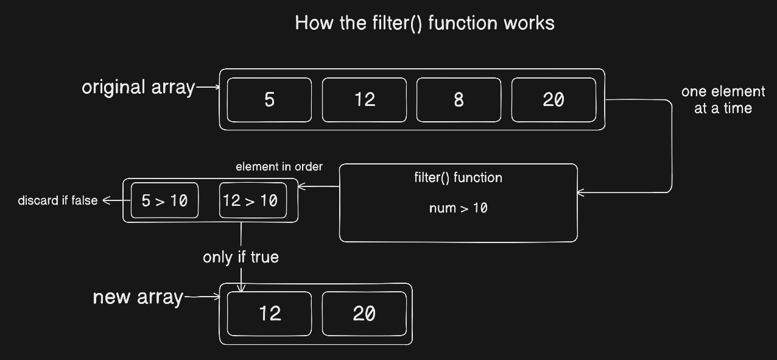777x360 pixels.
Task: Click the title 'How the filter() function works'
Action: [x=424, y=23]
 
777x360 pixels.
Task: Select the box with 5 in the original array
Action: [x=270, y=100]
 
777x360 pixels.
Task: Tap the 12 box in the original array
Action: [x=364, y=100]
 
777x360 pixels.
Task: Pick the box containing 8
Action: [x=459, y=100]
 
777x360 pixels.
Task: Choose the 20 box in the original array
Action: [x=554, y=100]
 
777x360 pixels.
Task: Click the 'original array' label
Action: [x=138, y=87]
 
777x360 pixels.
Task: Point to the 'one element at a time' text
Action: [x=723, y=100]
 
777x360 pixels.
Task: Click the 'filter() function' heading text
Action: [x=458, y=178]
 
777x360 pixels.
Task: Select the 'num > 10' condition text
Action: [x=458, y=208]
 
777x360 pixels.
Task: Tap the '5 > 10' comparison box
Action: [x=165, y=200]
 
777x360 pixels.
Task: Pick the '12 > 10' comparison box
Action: [x=253, y=200]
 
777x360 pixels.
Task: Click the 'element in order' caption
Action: [x=280, y=167]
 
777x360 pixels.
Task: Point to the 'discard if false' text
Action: [x=58, y=200]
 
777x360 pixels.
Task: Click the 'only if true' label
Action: [x=241, y=257]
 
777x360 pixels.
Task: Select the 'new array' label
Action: [x=138, y=297]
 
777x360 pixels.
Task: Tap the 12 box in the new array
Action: [x=270, y=314]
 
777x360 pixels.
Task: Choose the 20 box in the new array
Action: [x=364, y=314]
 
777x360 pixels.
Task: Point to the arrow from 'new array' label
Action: [x=202, y=297]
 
